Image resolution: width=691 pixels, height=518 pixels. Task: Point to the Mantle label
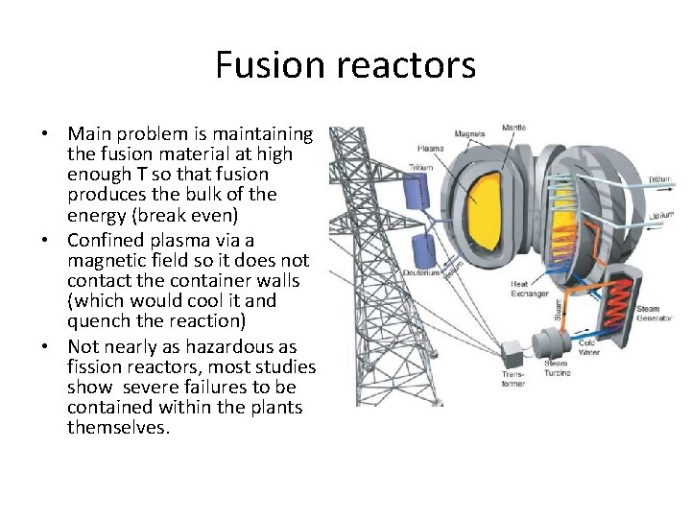pyautogui.click(x=514, y=128)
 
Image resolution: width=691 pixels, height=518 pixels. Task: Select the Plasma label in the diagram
pyautogui.click(x=430, y=149)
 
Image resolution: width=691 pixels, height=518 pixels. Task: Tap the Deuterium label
pyautogui.click(x=423, y=271)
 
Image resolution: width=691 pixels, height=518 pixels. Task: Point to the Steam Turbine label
pyautogui.click(x=558, y=367)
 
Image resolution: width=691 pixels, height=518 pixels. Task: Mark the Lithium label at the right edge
pyautogui.click(x=657, y=218)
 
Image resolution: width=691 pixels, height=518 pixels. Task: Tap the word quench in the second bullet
pyautogui.click(x=98, y=320)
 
